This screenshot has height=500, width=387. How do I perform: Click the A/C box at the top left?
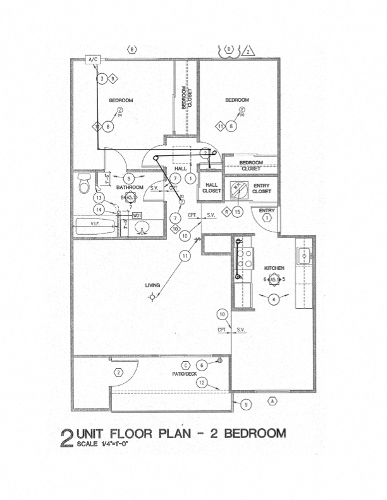(93, 60)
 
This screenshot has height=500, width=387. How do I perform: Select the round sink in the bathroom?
(142, 228)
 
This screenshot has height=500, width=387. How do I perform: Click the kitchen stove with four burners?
(242, 259)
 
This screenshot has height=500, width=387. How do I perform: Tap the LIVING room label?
(152, 285)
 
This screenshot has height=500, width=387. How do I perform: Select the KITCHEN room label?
(274, 268)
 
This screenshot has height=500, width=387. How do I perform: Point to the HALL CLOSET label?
(211, 187)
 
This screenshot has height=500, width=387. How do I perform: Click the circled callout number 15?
(237, 211)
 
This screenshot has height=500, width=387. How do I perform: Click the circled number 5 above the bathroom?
(128, 179)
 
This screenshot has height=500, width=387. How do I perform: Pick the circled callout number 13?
(99, 198)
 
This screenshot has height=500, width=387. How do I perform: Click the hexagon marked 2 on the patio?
(118, 372)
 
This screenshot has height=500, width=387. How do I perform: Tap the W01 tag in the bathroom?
(137, 215)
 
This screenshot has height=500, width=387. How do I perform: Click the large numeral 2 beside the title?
(66, 438)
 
